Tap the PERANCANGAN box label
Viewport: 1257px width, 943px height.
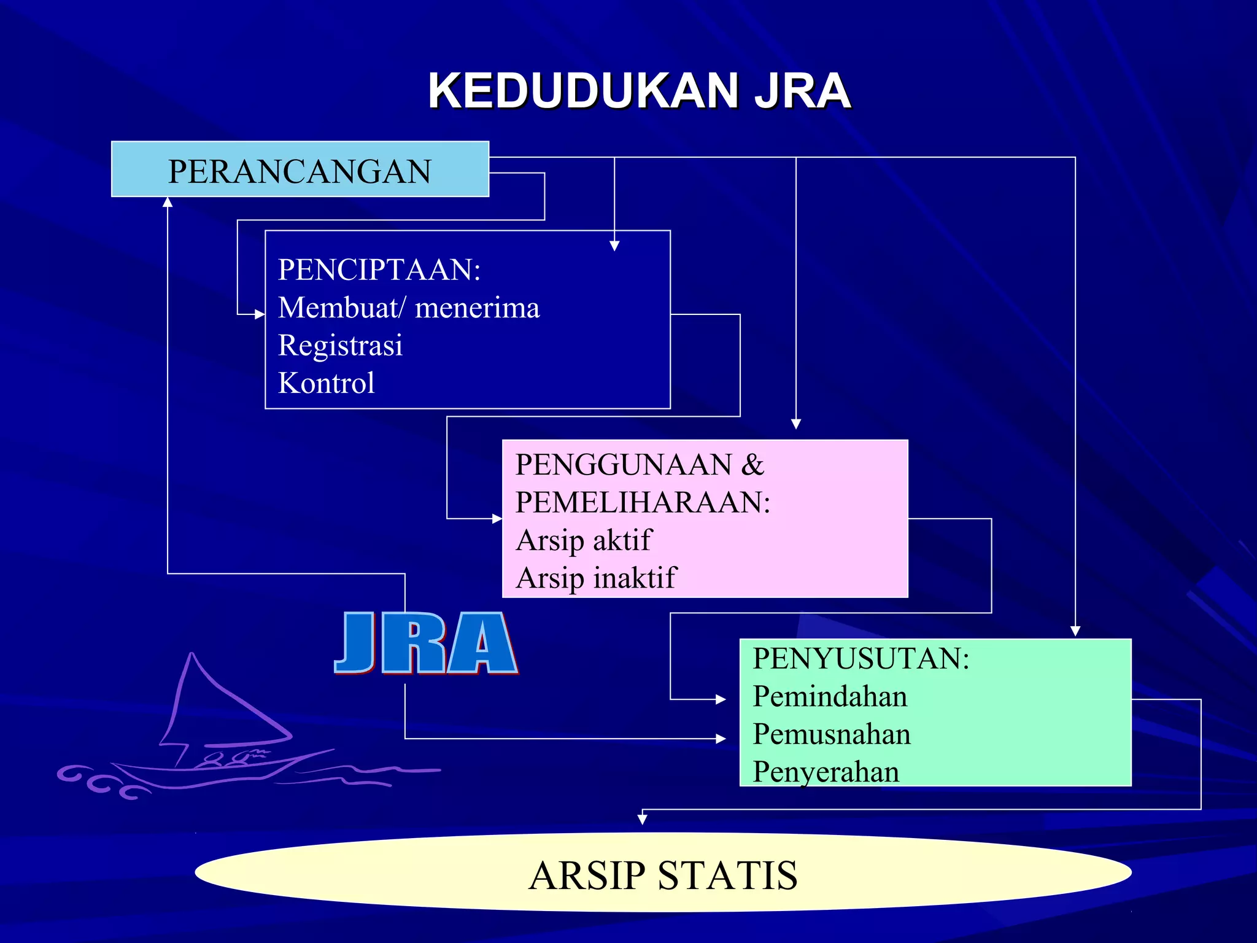[300, 171]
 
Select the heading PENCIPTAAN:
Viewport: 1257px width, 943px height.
[379, 270]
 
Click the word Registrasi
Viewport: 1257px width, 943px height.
[340, 345]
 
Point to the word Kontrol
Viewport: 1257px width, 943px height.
[326, 383]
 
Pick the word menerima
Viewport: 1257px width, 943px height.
[477, 308]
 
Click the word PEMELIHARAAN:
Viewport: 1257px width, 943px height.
[643, 502]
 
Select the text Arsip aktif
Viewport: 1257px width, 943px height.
[583, 540]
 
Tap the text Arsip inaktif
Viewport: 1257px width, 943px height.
[595, 578]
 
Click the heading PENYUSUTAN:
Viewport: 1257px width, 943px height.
[861, 658]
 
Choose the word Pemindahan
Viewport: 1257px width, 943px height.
[830, 696]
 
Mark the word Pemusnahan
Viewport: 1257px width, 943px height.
[832, 734]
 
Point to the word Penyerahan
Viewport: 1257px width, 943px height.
[826, 772]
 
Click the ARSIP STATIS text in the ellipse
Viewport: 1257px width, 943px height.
[663, 875]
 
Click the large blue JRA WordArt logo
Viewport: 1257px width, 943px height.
[426, 643]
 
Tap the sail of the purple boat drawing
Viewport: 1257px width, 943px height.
[215, 706]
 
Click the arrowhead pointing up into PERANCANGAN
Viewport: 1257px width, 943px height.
[168, 202]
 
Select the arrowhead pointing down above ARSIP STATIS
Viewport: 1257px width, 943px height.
[642, 819]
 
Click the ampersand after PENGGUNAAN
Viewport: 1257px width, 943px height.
[752, 464]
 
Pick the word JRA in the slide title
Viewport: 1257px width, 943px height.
[802, 91]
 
